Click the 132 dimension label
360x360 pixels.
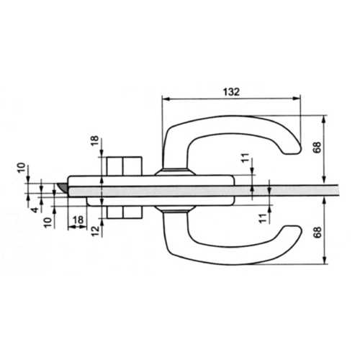231,91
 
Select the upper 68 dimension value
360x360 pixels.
317,148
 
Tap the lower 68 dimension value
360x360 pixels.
318,232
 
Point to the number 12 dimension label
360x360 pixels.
96,231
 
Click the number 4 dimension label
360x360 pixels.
35,210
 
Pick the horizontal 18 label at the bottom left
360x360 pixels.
78,220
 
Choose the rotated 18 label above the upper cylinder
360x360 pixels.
94,141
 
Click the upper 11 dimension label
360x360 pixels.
246,158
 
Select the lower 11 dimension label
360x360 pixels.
263,218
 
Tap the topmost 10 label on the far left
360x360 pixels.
21,168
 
